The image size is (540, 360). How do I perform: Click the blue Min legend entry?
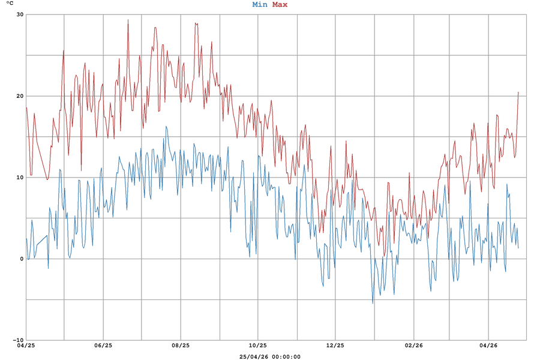pos(260,5)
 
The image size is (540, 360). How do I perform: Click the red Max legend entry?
pos(280,5)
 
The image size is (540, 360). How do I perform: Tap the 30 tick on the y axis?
pos(20,14)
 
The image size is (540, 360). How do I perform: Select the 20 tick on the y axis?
pos(20,96)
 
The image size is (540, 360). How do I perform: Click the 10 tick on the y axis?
pos(20,178)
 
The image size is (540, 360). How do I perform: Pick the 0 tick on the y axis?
pos(22,259)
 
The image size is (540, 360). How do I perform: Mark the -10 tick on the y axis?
pos(18,340)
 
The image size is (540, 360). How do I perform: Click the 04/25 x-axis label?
pos(26,346)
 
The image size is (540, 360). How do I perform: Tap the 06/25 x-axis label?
pos(103,346)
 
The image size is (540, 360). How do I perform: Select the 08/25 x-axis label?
pos(181,346)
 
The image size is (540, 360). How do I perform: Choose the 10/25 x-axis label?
pos(258,346)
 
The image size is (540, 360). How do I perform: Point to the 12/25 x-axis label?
pos(335,346)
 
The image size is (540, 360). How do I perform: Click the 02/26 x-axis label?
pos(412,346)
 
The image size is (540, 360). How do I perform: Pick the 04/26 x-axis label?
pos(488,346)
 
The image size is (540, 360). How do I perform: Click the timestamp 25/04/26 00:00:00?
pos(270,356)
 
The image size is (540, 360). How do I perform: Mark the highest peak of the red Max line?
pos(128,20)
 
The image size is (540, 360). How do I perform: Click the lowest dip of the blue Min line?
pos(373,303)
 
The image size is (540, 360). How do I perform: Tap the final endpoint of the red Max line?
pos(518,92)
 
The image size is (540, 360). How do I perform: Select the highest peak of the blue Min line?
pos(166,127)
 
